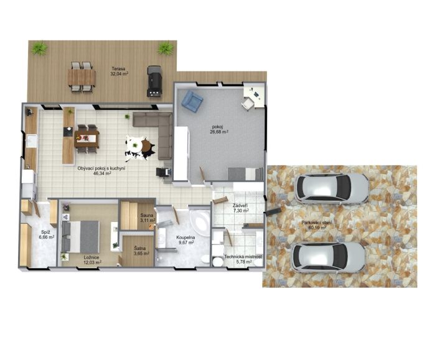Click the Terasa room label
(x=118, y=69)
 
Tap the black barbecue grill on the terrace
(x=154, y=81)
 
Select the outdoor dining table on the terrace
(x=82, y=77)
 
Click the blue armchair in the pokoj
(x=192, y=101)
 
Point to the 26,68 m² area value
(x=219, y=132)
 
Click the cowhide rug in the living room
(x=140, y=148)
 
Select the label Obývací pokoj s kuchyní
(x=101, y=168)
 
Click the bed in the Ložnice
(x=80, y=236)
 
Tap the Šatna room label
(x=139, y=248)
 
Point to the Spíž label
(x=45, y=232)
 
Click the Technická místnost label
(x=243, y=257)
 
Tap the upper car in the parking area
(x=331, y=188)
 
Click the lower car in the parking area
(x=328, y=257)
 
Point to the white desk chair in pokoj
(x=247, y=103)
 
